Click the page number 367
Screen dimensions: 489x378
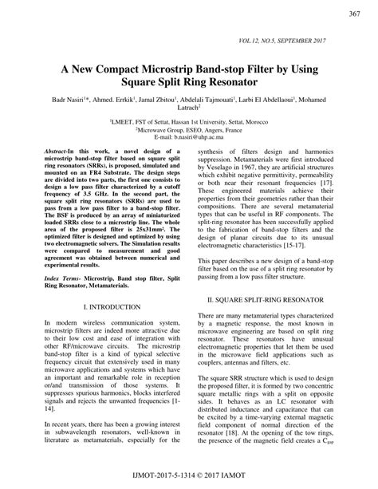click(355, 14)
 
